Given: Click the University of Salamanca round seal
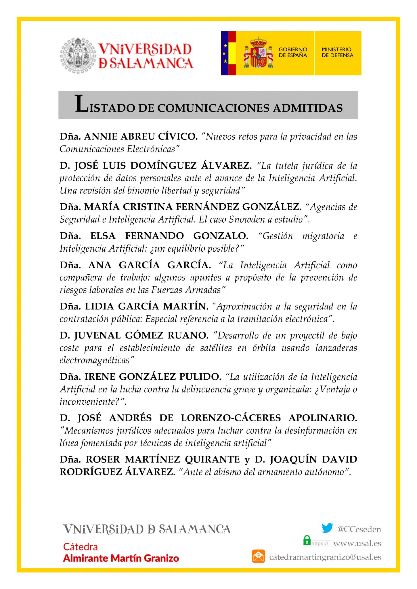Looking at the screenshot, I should [x=78, y=55].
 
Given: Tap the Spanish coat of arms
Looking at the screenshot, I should [x=258, y=53].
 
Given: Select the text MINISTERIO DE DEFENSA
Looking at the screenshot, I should [x=337, y=52].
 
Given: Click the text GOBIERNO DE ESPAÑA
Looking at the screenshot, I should [x=292, y=52].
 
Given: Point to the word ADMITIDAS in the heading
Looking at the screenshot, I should [x=308, y=108].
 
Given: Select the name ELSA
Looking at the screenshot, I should [x=103, y=236].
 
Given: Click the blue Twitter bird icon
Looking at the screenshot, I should [x=327, y=528].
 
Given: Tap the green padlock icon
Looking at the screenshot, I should [x=307, y=540].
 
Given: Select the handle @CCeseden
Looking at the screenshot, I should [x=359, y=529].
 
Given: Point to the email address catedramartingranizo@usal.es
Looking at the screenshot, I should [x=325, y=557].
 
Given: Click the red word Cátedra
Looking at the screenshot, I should [x=80, y=547].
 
